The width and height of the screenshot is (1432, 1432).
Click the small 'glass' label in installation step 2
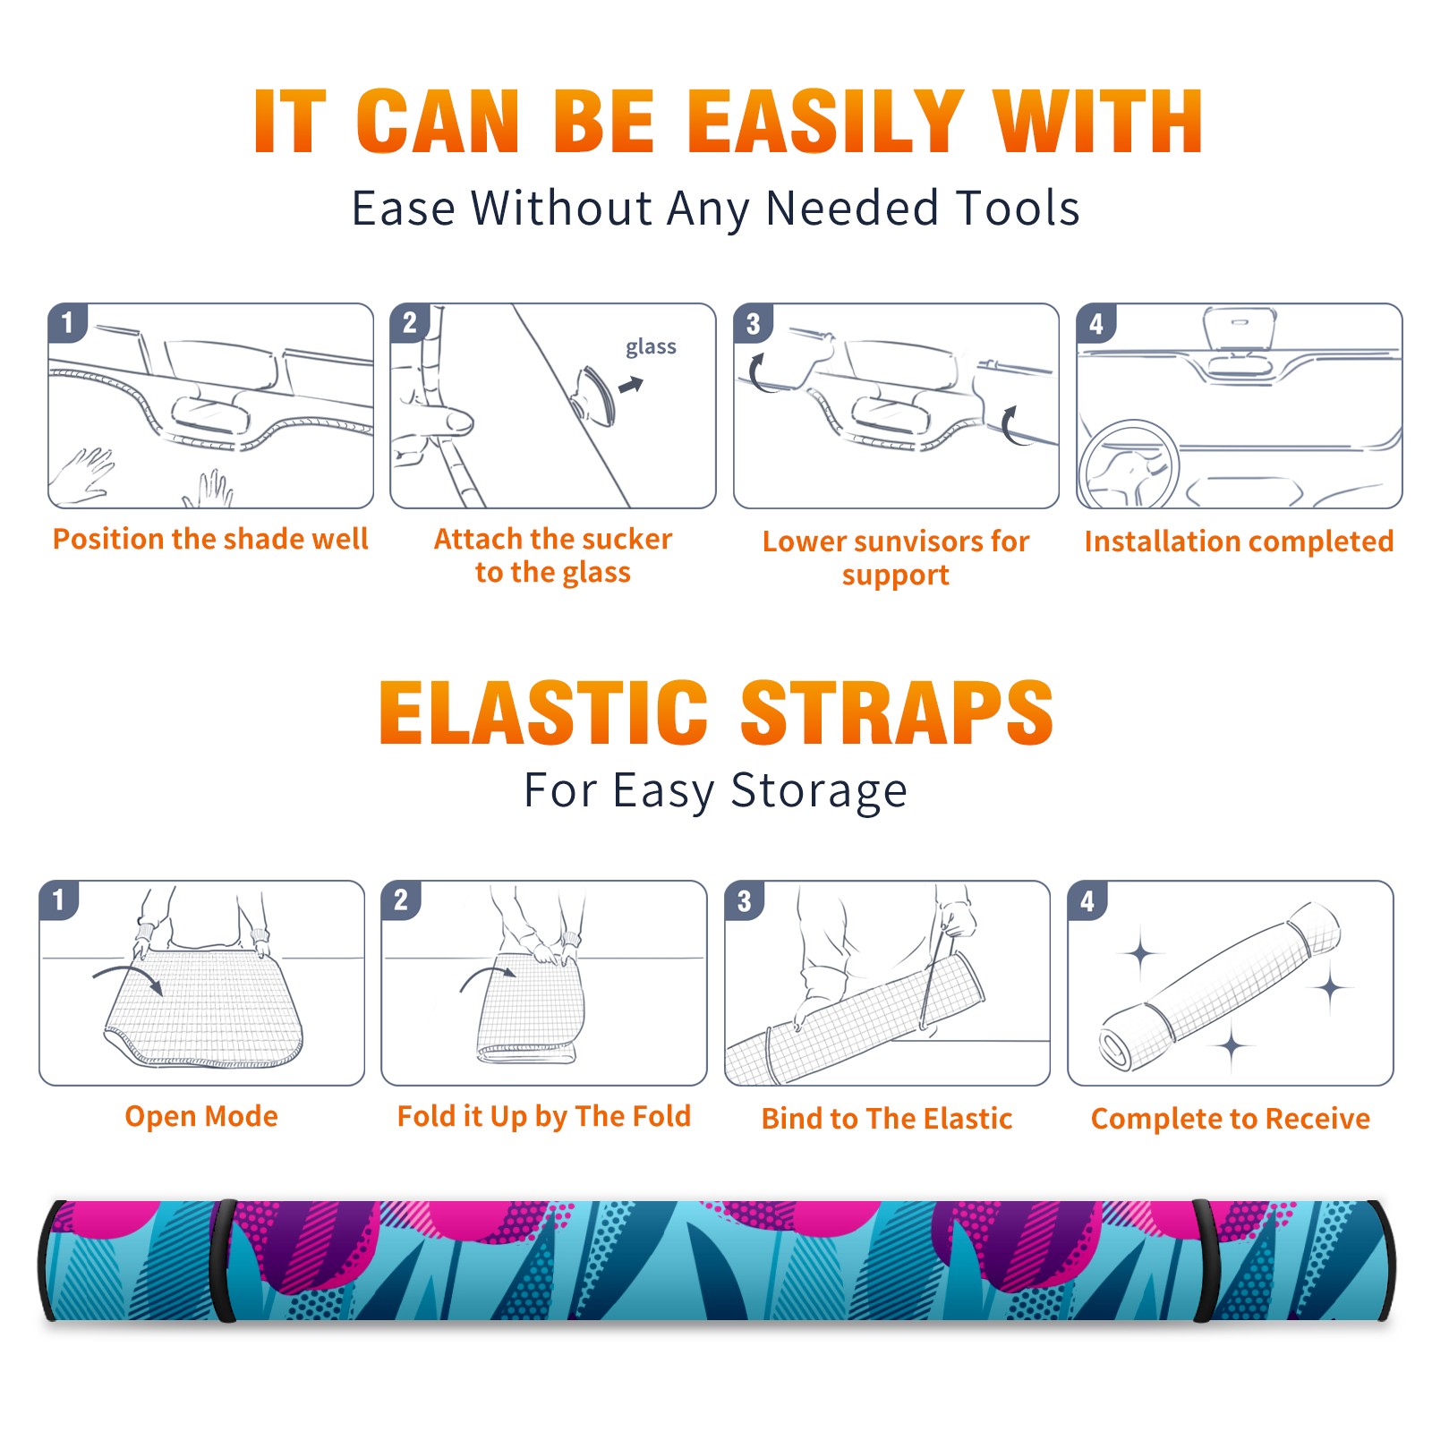pyautogui.click(x=651, y=347)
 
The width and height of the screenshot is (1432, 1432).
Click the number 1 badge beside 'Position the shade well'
pyautogui.click(x=67, y=322)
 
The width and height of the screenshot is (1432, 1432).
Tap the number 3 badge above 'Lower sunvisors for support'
pyautogui.click(x=753, y=323)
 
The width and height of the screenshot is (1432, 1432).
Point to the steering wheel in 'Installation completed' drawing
pyautogui.click(x=1129, y=465)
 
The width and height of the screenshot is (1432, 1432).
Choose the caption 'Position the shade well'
pyautogui.click(x=210, y=539)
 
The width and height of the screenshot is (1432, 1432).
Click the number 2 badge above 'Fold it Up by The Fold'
pyautogui.click(x=401, y=899)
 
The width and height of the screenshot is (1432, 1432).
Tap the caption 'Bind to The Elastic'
pyautogui.click(x=887, y=1119)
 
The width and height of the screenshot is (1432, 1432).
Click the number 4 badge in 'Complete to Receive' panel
pyautogui.click(x=1087, y=900)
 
